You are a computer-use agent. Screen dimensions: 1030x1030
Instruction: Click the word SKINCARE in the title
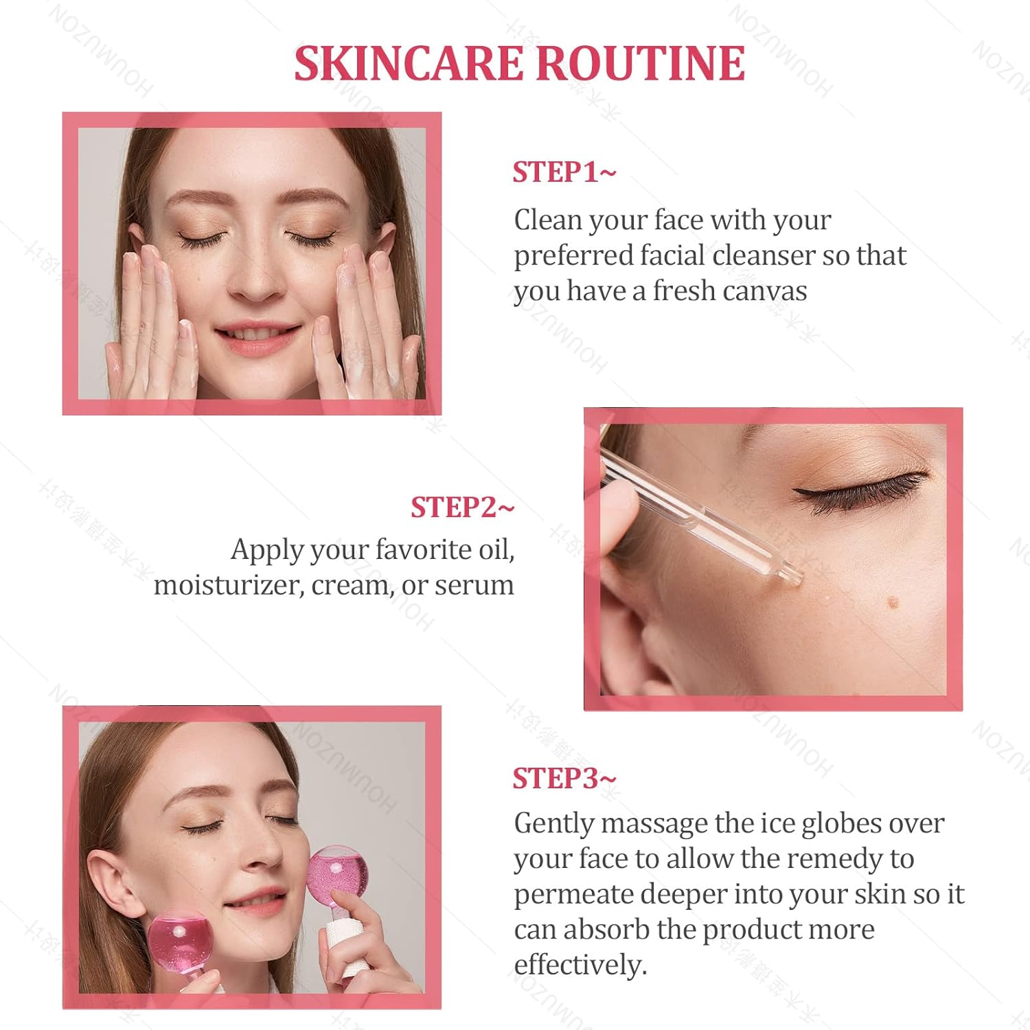409,64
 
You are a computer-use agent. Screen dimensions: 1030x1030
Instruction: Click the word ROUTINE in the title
640,64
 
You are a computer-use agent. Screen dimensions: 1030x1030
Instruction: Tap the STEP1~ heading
564,172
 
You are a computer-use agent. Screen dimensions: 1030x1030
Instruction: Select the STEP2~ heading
462,507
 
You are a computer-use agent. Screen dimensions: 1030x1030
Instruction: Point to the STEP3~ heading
564,779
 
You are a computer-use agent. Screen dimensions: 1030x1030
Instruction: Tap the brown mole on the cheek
893,604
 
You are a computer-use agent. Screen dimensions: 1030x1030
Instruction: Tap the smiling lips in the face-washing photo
257,336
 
